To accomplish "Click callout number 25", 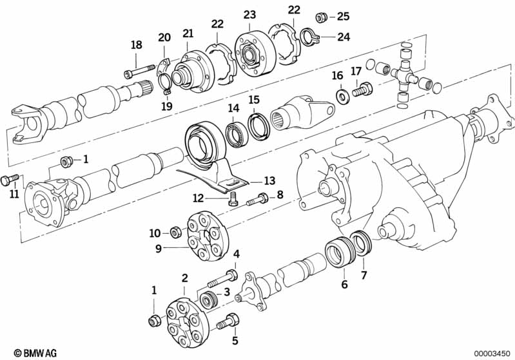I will [x=343, y=15].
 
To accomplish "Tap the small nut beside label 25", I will [x=320, y=16].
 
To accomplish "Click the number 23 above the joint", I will [x=249, y=14].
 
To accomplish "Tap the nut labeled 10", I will [x=173, y=231].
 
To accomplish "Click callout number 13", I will [x=269, y=180].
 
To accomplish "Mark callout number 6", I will [x=344, y=284].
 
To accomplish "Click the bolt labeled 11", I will [x=8, y=179].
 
